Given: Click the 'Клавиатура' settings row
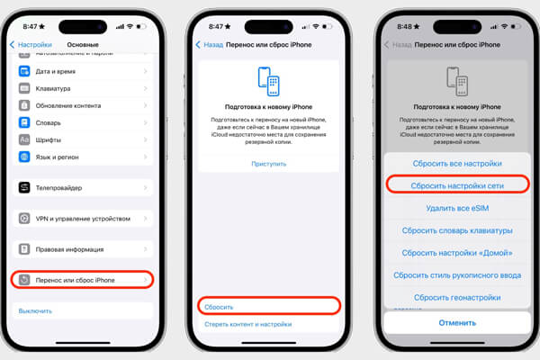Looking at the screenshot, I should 81,88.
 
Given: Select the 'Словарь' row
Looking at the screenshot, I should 81,122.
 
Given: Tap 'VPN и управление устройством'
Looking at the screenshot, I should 81,218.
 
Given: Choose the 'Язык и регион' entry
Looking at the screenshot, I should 81,157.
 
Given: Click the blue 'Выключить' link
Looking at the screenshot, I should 35,310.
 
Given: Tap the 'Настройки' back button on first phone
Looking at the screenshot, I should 31,44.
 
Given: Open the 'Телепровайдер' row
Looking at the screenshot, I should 81,187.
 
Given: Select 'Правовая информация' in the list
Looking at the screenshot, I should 81,249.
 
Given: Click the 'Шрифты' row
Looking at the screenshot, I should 81,139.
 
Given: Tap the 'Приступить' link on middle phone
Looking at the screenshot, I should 268,164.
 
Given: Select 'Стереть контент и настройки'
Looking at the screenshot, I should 247,324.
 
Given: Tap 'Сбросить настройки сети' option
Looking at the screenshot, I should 456,184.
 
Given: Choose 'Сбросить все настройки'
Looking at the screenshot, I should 456,163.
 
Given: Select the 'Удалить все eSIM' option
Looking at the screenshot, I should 456,208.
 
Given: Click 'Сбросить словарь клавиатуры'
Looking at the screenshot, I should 456,230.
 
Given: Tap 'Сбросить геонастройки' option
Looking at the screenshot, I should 456,297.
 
